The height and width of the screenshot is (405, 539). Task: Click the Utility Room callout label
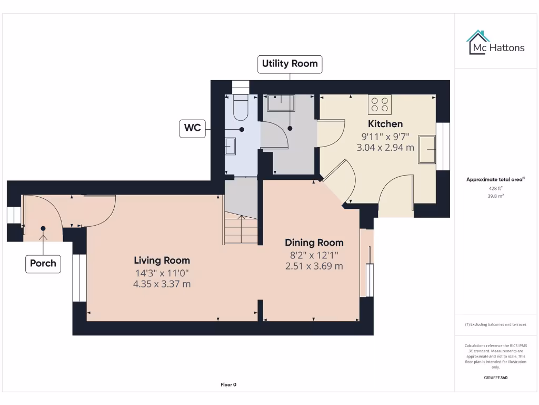coord(290,64)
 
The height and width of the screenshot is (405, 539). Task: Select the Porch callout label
coord(43,263)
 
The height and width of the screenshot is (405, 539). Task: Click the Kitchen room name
coord(385,124)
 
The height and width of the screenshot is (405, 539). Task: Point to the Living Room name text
coord(162,260)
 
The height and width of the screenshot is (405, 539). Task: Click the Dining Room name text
coord(314,243)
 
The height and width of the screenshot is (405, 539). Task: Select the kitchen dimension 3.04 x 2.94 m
coord(385,148)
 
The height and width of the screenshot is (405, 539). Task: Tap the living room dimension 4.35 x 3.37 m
coord(162,284)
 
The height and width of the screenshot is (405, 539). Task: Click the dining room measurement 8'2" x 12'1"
coord(314,255)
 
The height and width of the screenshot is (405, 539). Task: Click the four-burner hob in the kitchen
coord(380,104)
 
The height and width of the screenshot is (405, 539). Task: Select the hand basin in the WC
coord(231,146)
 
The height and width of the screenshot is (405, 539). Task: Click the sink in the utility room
coord(282,103)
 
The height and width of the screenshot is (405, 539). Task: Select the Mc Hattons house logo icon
coord(477,43)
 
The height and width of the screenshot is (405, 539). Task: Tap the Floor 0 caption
coord(228,384)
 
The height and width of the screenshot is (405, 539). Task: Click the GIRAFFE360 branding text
coord(495,378)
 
